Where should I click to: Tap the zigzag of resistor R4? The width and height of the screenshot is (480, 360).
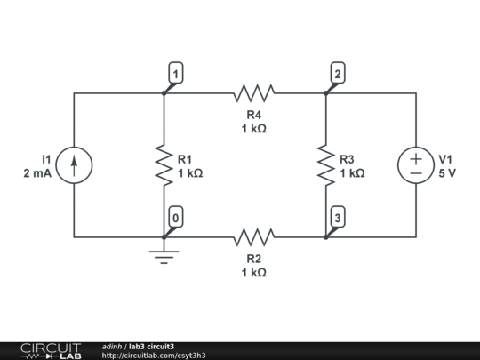click(x=254, y=92)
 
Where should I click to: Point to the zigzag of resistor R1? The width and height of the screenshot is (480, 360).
click(x=164, y=165)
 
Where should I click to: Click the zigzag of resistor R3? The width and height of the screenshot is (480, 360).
click(x=326, y=165)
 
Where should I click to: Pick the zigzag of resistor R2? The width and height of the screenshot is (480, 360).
click(x=254, y=237)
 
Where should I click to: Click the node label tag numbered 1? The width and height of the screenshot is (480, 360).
click(x=176, y=73)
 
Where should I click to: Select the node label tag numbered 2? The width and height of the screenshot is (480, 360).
click(x=338, y=73)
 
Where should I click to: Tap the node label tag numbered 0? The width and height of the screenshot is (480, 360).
click(x=176, y=217)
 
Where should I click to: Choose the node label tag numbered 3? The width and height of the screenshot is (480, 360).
click(x=338, y=217)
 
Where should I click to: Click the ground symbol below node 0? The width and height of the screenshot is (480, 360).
click(x=164, y=257)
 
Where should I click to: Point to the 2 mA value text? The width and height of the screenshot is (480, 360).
click(x=37, y=173)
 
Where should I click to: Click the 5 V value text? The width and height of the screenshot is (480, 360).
click(x=447, y=173)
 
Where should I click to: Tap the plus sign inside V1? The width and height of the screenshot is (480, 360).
click(x=416, y=158)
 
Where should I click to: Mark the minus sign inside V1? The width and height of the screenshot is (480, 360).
click(x=416, y=173)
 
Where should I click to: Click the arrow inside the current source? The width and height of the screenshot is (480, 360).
click(x=74, y=165)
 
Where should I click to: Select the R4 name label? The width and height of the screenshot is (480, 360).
click(x=254, y=115)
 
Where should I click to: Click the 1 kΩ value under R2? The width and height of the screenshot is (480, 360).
click(x=254, y=273)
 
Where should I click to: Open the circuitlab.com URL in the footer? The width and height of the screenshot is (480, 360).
click(x=154, y=356)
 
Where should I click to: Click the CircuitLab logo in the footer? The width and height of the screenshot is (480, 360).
click(x=51, y=351)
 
